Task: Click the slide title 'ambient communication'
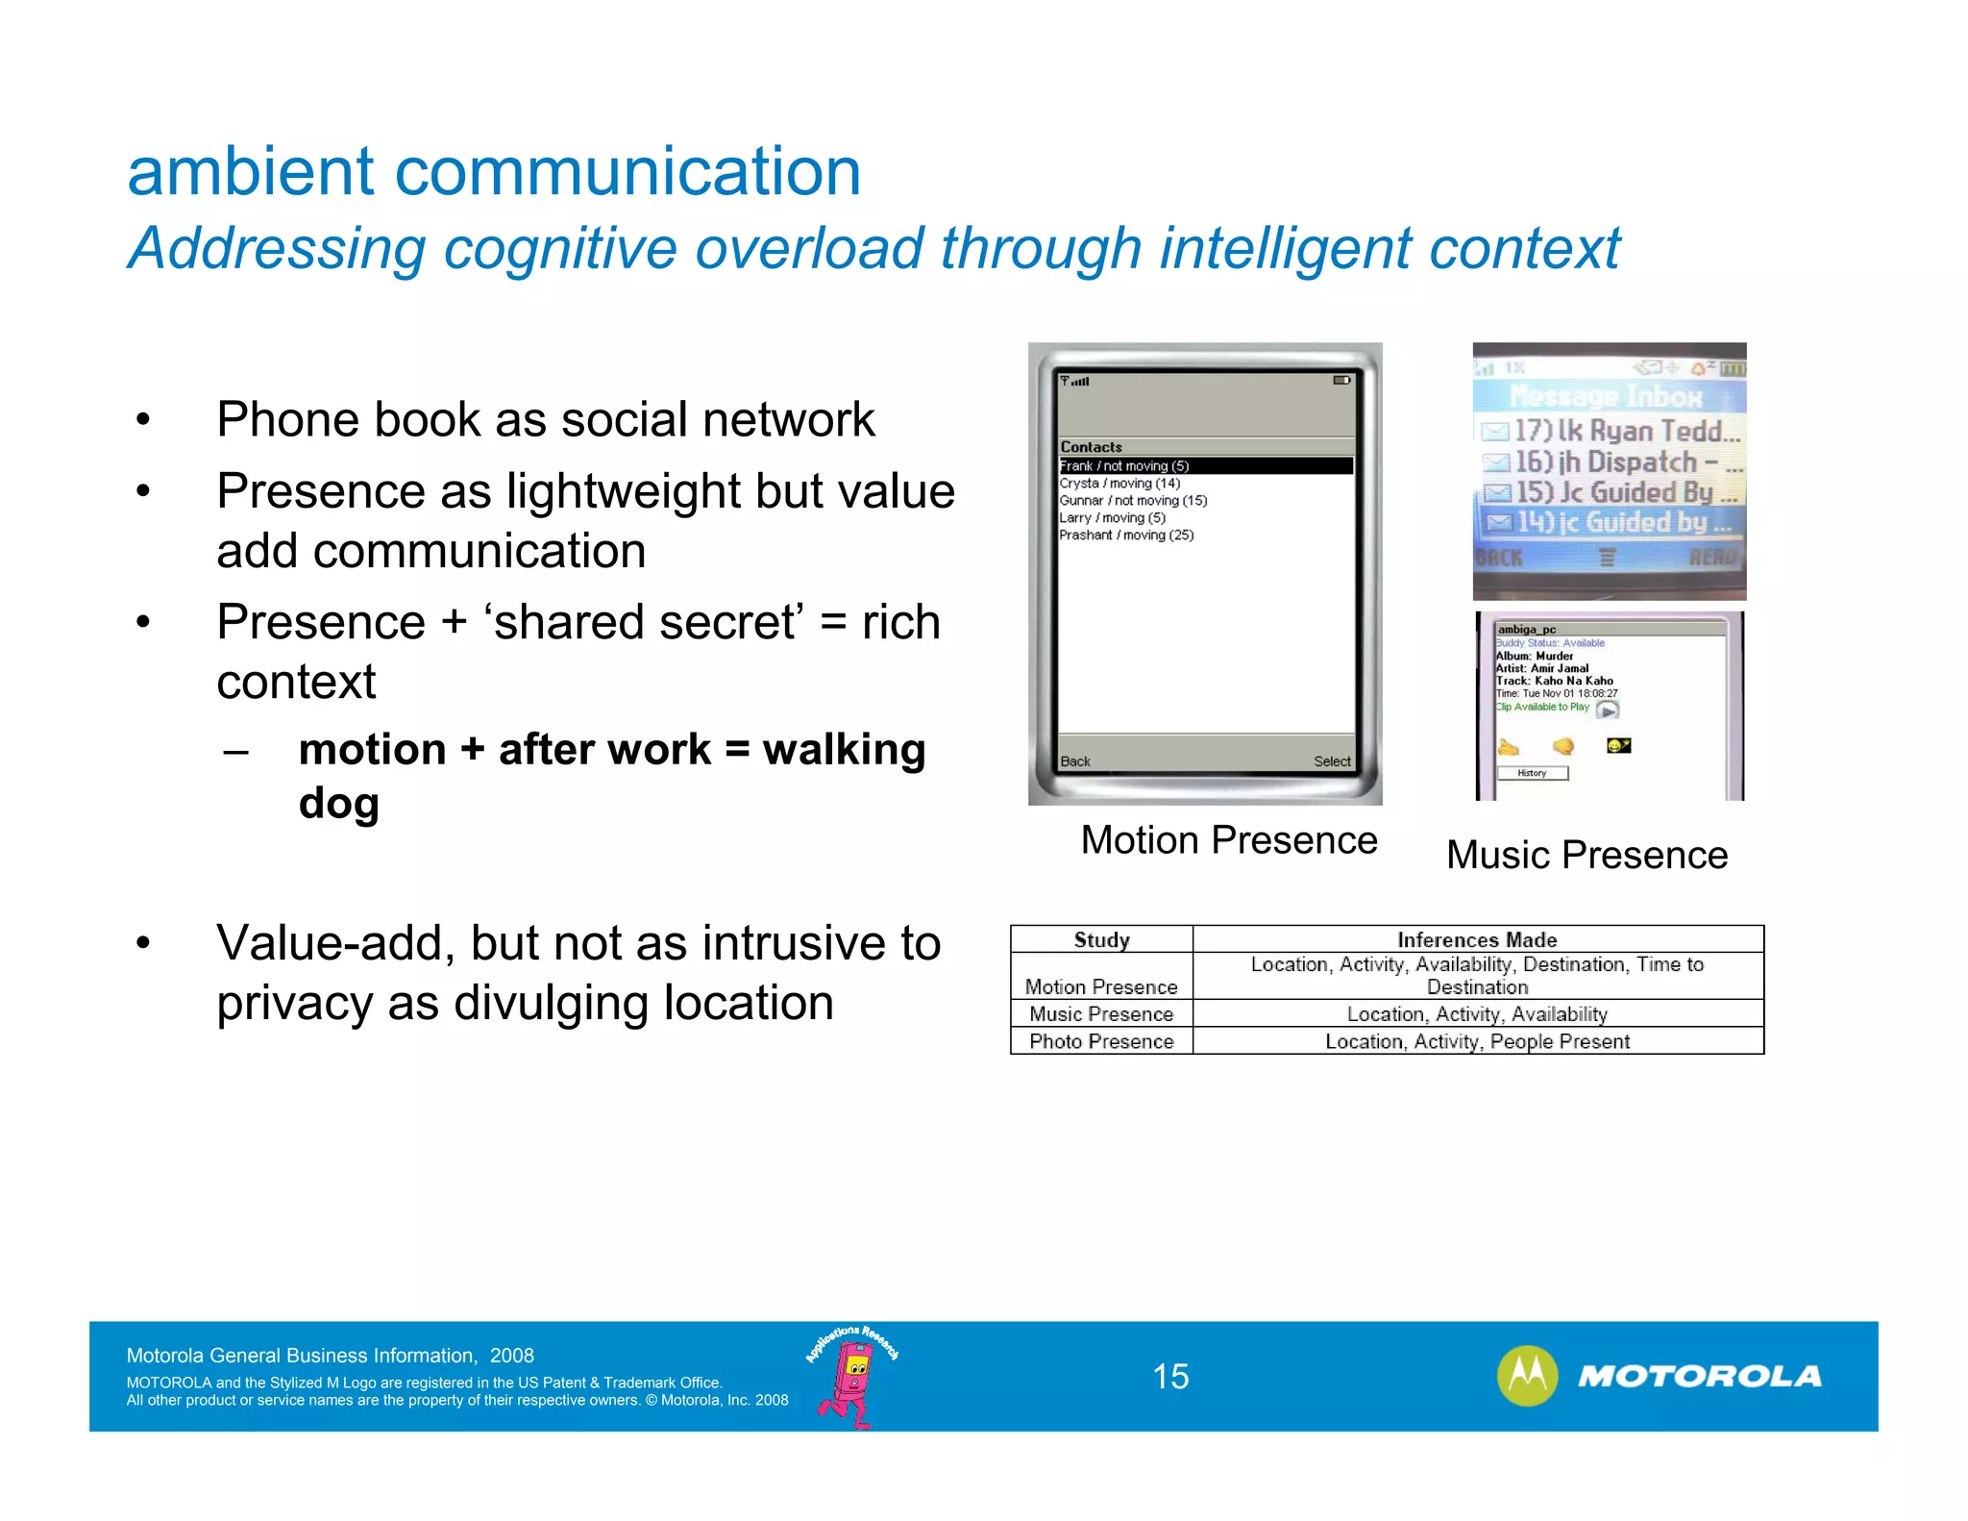pyautogui.click(x=494, y=172)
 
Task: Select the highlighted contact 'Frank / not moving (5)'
pyautogui.click(x=1124, y=466)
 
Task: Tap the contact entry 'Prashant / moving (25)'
pyautogui.click(x=1126, y=536)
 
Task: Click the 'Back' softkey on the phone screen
pyautogui.click(x=1075, y=761)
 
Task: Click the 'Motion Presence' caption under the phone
pyautogui.click(x=1229, y=840)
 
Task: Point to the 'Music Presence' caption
pyautogui.click(x=1587, y=855)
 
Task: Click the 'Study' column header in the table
pyautogui.click(x=1101, y=939)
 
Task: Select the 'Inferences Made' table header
pyautogui.click(x=1477, y=939)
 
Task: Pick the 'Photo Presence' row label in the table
pyautogui.click(x=1101, y=1041)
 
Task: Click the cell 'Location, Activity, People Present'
pyautogui.click(x=1477, y=1041)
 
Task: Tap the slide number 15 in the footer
pyautogui.click(x=1170, y=1377)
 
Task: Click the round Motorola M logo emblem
pyautogui.click(x=1527, y=1376)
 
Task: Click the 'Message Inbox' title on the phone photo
pyautogui.click(x=1605, y=396)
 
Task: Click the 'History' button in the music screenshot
pyautogui.click(x=1532, y=773)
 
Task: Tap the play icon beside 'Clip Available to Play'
pyautogui.click(x=1608, y=711)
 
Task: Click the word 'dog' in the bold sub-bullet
pyautogui.click(x=338, y=804)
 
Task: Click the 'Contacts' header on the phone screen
pyautogui.click(x=1091, y=447)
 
